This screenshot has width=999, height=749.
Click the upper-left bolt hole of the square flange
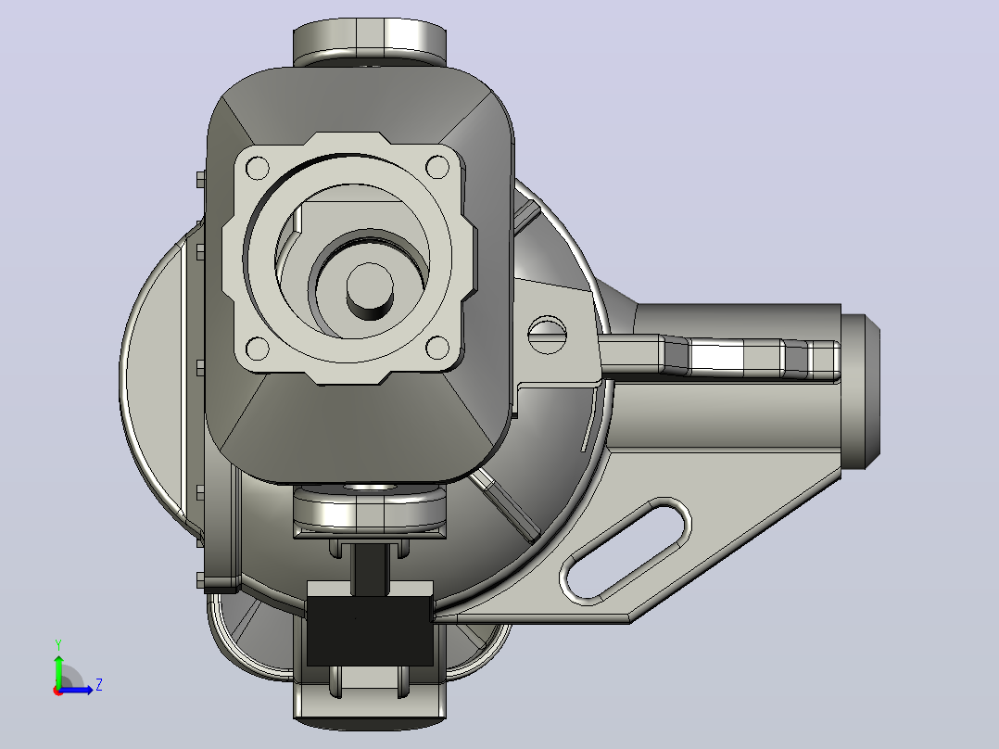pyautogui.click(x=258, y=169)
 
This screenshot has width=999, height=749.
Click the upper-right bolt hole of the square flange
pyautogui.click(x=437, y=168)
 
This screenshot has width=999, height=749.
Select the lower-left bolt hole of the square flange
pyautogui.click(x=258, y=349)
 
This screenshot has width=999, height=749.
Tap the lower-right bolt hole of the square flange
pyautogui.click(x=437, y=348)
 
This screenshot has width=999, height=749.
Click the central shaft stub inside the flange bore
pyautogui.click(x=370, y=291)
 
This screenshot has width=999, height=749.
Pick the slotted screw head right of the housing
pyautogui.click(x=548, y=335)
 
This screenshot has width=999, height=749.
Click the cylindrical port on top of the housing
pyautogui.click(x=370, y=42)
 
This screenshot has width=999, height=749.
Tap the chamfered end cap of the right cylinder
pyautogui.click(x=861, y=391)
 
